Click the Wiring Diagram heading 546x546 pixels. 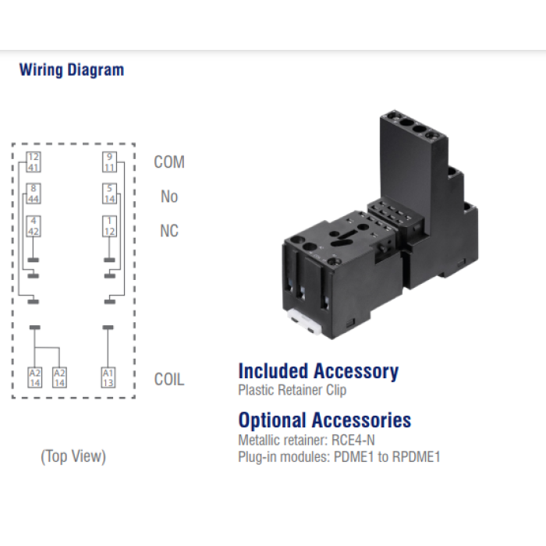click(72, 70)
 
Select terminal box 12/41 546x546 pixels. click(34, 162)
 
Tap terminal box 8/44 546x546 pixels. click(34, 194)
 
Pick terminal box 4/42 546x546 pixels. click(34, 226)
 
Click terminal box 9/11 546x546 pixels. click(109, 162)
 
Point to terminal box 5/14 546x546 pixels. click(109, 194)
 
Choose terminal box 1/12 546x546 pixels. click(109, 226)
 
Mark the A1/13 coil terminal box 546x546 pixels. click(108, 378)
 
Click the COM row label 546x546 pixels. click(169, 162)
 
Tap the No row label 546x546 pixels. click(169, 197)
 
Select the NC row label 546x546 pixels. click(169, 231)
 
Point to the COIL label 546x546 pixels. click(169, 380)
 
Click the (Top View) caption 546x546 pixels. click(73, 456)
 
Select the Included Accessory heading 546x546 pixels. click(318, 371)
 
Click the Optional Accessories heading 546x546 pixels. click(324, 420)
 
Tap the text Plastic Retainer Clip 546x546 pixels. click(292, 390)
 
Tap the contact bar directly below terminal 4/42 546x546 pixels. click(34, 260)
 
